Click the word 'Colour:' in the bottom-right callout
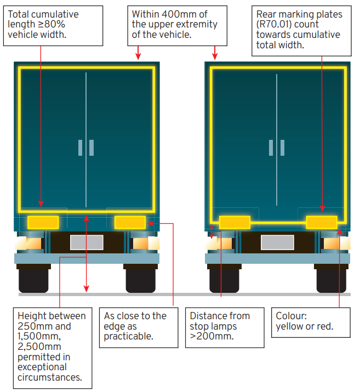pyautogui.click(x=292, y=316)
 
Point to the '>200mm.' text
pyautogui.click(x=212, y=336)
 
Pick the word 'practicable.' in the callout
pyautogui.click(x=129, y=337)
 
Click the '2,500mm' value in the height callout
pyautogui.click(x=39, y=347)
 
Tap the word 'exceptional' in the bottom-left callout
pyautogui.click(x=42, y=367)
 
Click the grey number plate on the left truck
pyautogui.click(x=87, y=242)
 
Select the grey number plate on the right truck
pyautogui.click(x=277, y=242)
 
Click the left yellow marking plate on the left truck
pyautogui.click(x=43, y=223)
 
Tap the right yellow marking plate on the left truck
pyautogui.click(x=130, y=223)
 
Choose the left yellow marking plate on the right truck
pyautogui.click(x=235, y=223)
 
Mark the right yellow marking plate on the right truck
pyautogui.click(x=322, y=223)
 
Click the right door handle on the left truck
pyautogui.click(x=92, y=148)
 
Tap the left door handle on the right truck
pyautogui.click(x=271, y=148)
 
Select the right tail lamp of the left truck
pyautogui.click(x=146, y=243)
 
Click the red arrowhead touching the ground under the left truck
pyautogui.click(x=86, y=288)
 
